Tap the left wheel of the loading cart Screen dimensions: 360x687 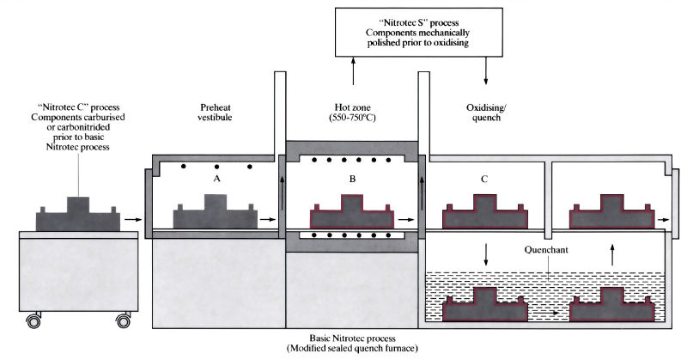(35, 321)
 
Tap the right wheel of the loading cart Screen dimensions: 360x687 (122, 321)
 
